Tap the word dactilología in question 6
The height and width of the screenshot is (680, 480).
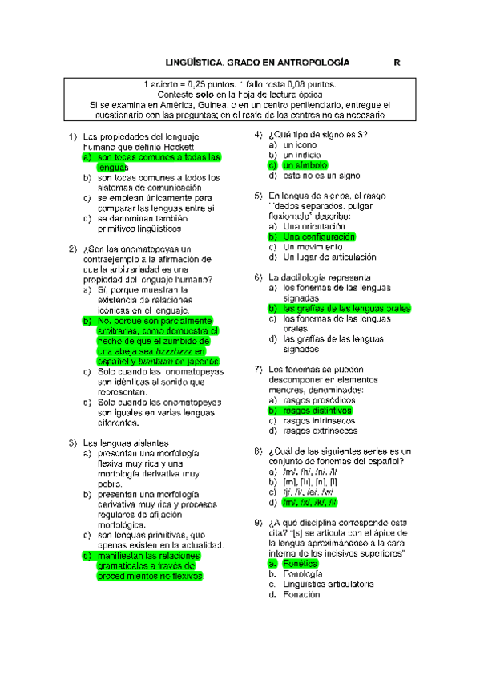(x=305, y=277)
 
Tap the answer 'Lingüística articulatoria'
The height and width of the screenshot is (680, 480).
(x=329, y=585)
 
